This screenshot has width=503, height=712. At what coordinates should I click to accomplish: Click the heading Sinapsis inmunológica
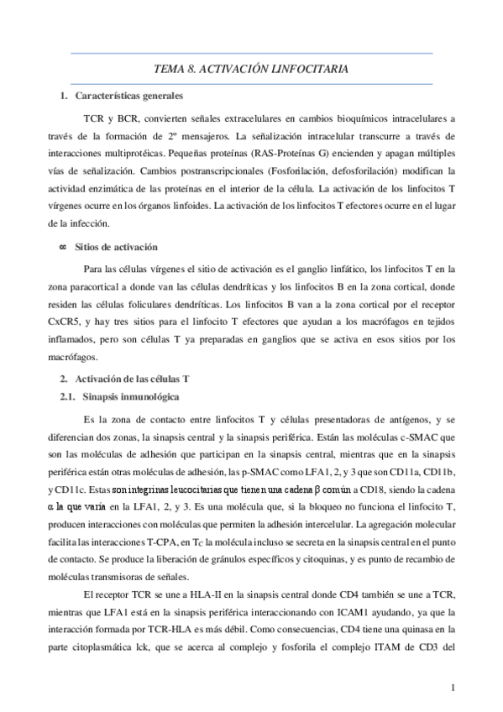[x=129, y=395]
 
